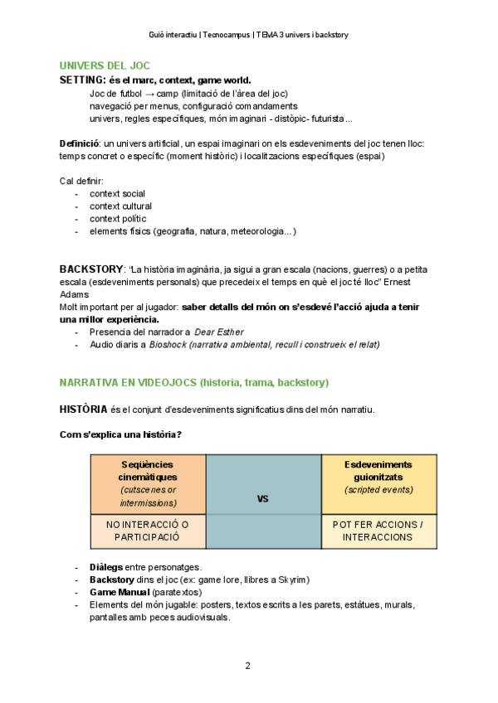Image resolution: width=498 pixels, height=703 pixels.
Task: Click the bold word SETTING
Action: coord(81,80)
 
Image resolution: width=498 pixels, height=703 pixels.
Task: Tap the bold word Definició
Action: coord(79,143)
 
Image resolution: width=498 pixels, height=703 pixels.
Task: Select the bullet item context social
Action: coord(117,194)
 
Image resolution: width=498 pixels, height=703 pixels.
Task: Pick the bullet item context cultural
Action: coord(120,206)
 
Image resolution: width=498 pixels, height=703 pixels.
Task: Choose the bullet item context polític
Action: coord(118,219)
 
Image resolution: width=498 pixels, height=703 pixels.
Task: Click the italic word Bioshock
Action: coord(168,344)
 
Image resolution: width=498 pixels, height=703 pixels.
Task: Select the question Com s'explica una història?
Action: coord(121,434)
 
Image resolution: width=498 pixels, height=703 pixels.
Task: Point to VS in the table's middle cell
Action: coord(263,499)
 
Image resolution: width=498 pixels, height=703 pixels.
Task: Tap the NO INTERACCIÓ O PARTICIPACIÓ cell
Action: coord(148,531)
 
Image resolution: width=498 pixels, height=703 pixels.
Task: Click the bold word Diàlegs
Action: coord(105,567)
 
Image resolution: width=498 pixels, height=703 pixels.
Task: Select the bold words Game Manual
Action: coord(120,592)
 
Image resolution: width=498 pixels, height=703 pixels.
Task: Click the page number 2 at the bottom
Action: coord(247,666)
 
